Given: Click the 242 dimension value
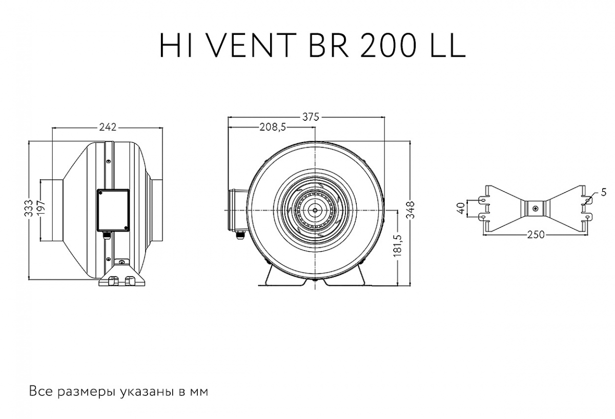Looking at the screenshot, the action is coord(108,126).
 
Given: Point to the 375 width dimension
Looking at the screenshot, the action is coord(310,117).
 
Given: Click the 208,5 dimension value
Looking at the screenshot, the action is coord(272,128).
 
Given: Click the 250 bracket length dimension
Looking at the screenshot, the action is coord(535,235).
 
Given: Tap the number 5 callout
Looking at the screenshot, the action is coord(603,193).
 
